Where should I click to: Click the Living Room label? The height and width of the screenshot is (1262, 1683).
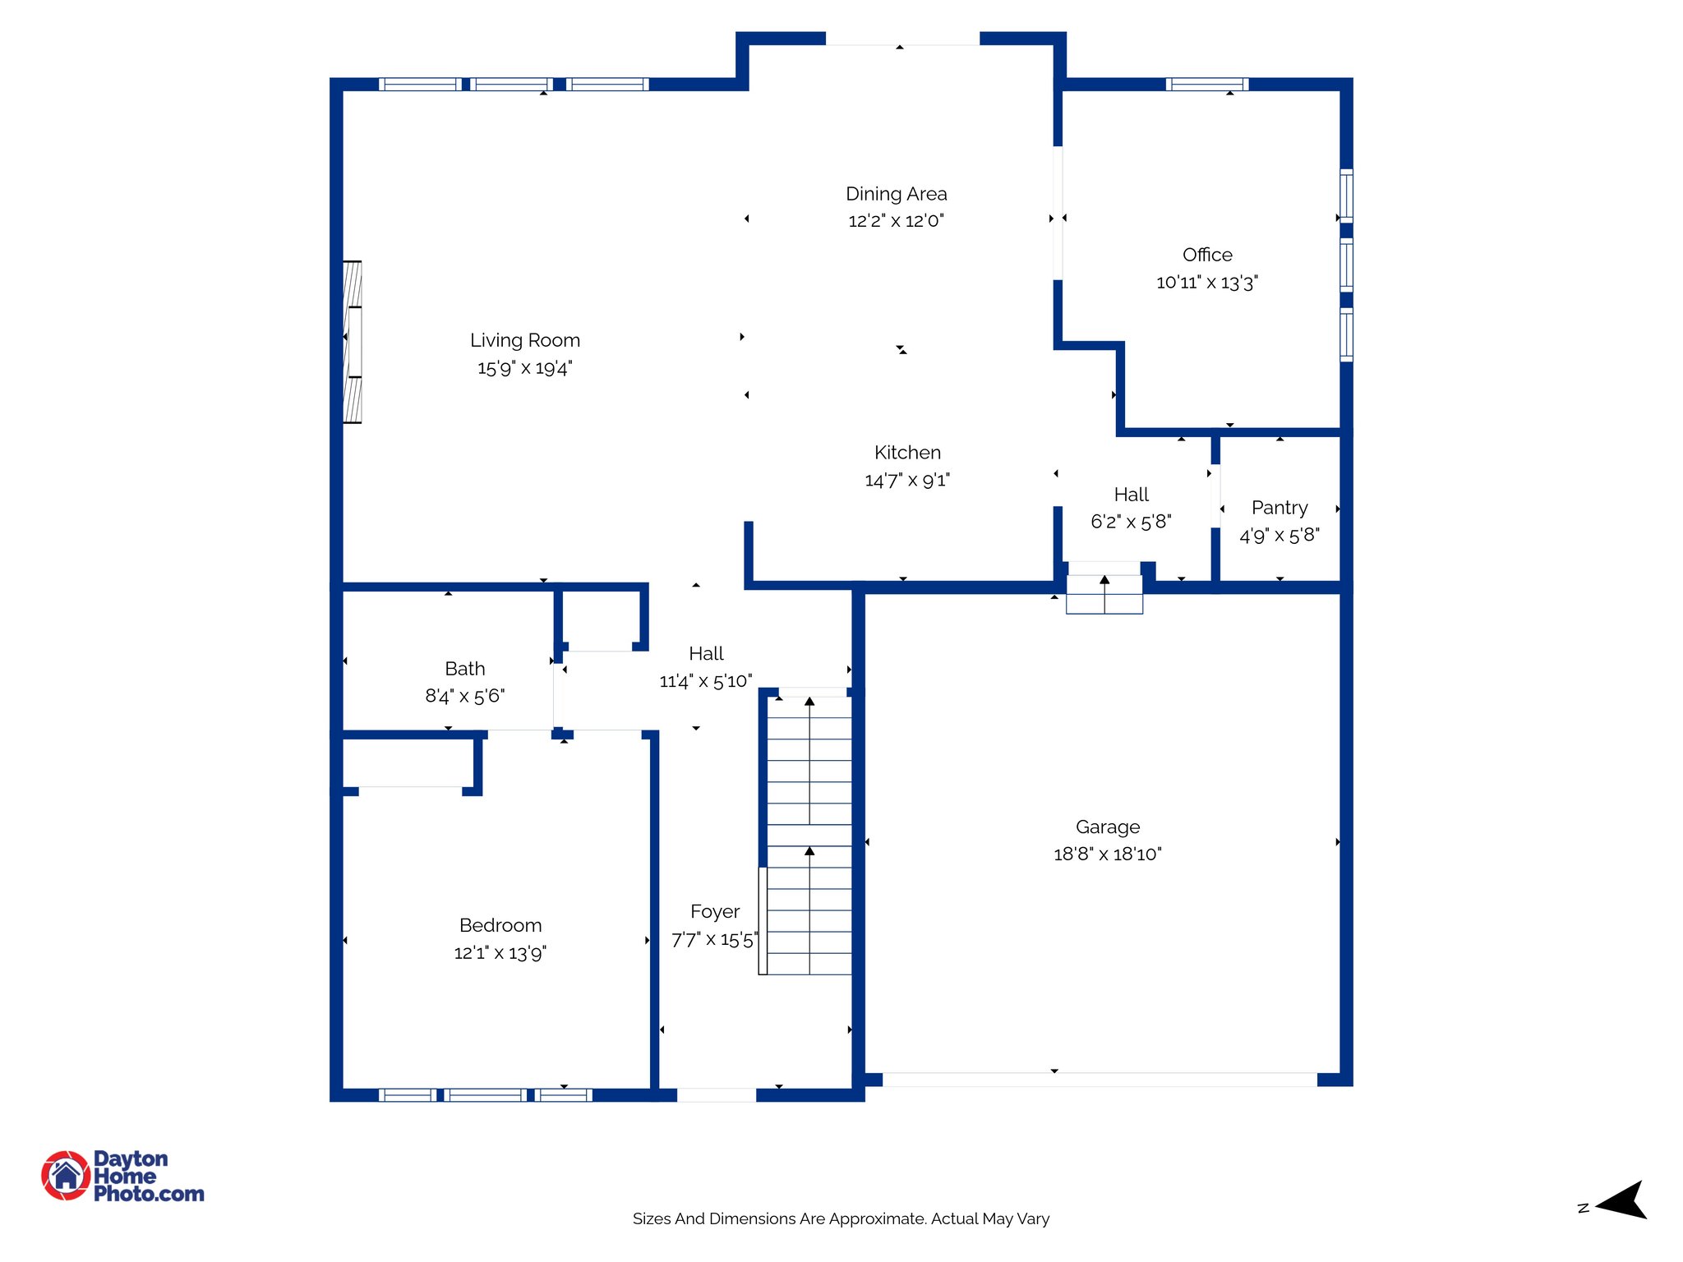(x=525, y=340)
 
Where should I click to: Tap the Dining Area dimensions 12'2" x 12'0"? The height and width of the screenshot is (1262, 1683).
(x=896, y=220)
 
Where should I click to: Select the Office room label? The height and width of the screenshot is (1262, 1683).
(x=1207, y=255)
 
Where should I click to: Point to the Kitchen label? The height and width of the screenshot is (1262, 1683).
(x=907, y=453)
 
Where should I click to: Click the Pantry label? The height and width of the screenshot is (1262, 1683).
(x=1280, y=508)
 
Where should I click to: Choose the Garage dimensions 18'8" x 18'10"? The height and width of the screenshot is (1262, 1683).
(x=1108, y=854)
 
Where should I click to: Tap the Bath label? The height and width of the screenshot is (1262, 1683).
(x=465, y=669)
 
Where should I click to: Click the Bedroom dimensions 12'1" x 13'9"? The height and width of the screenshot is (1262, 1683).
(x=500, y=952)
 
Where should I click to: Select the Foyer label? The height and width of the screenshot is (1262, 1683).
(x=715, y=912)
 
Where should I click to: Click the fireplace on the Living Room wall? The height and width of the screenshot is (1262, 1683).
(x=353, y=342)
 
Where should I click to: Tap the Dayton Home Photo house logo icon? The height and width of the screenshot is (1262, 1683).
(x=66, y=1175)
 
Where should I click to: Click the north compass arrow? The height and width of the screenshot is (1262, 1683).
(x=1621, y=1200)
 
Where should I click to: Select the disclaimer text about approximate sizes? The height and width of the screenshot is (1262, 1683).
(x=841, y=1218)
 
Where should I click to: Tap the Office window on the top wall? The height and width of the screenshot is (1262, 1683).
(x=1207, y=84)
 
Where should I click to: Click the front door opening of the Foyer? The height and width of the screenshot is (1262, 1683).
(x=716, y=1095)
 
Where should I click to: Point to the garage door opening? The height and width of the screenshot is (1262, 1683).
(x=1100, y=1080)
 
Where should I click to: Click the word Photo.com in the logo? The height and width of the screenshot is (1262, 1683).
(x=149, y=1194)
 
